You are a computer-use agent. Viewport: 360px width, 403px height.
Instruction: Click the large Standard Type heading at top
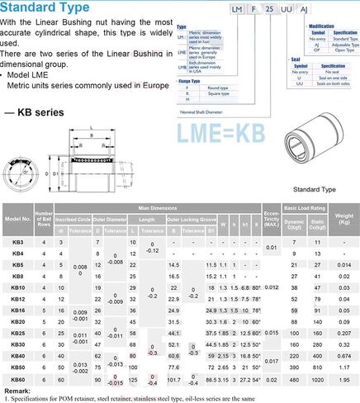point(45,10)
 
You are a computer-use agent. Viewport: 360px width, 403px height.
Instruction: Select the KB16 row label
point(18,310)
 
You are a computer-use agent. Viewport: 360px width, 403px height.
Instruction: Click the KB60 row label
point(18,377)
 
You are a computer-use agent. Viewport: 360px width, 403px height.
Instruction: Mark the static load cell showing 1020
point(317,377)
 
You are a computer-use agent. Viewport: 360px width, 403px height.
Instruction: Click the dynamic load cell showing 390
point(292,366)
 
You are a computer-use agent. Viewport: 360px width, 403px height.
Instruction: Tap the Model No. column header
point(17,220)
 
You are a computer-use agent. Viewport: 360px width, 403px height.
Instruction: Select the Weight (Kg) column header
point(343,220)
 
